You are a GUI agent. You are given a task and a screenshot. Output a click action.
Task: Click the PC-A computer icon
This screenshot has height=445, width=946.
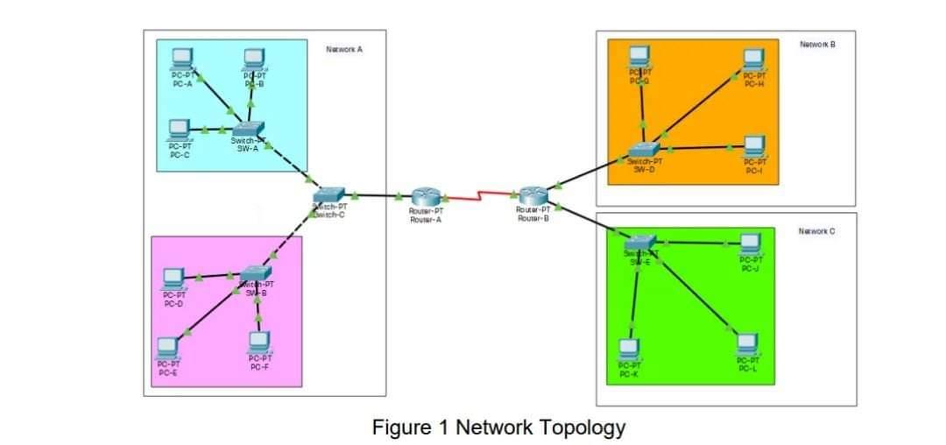pos(181,58)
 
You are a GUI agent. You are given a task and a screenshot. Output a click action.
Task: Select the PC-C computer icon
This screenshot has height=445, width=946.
pos(180,129)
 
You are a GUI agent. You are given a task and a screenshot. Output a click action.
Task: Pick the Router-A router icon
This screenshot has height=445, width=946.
pos(426,197)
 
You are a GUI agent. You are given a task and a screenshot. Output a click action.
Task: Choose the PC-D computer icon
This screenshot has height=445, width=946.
pos(173,279)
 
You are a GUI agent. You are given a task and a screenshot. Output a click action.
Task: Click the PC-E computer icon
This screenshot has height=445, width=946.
pos(168,349)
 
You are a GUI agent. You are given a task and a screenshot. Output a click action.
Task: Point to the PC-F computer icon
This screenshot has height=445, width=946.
pos(258,341)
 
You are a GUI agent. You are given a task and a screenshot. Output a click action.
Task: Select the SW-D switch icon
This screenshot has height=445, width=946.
pos(644,151)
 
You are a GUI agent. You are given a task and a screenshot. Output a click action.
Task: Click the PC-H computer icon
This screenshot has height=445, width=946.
pos(754,59)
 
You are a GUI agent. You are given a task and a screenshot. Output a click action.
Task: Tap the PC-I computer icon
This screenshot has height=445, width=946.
pos(754,145)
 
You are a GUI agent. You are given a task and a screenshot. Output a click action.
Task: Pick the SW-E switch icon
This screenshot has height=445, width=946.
pos(640,243)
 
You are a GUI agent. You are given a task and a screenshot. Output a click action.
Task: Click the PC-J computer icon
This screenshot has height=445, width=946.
pos(750,243)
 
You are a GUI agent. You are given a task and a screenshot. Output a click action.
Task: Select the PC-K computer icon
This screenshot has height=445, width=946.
pos(629,349)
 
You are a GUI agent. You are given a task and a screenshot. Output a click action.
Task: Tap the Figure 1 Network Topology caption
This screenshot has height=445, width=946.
pos(498,427)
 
